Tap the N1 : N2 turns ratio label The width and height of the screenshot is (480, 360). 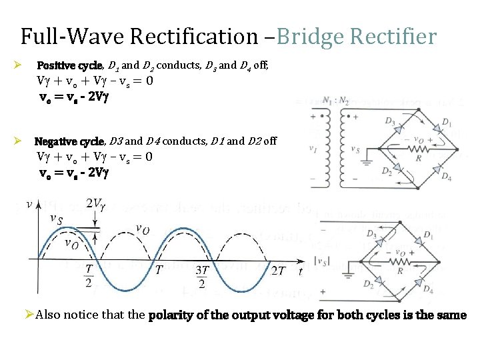click(x=333, y=101)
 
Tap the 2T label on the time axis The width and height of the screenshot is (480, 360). click(x=279, y=271)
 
